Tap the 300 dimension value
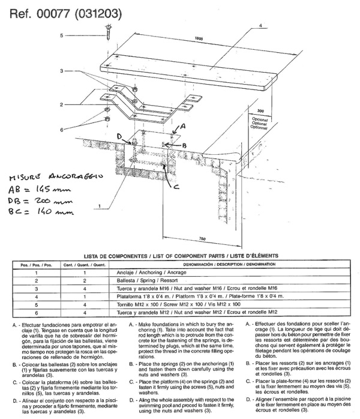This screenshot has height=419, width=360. tap(260, 111)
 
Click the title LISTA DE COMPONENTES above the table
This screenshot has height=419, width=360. tap(180, 255)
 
